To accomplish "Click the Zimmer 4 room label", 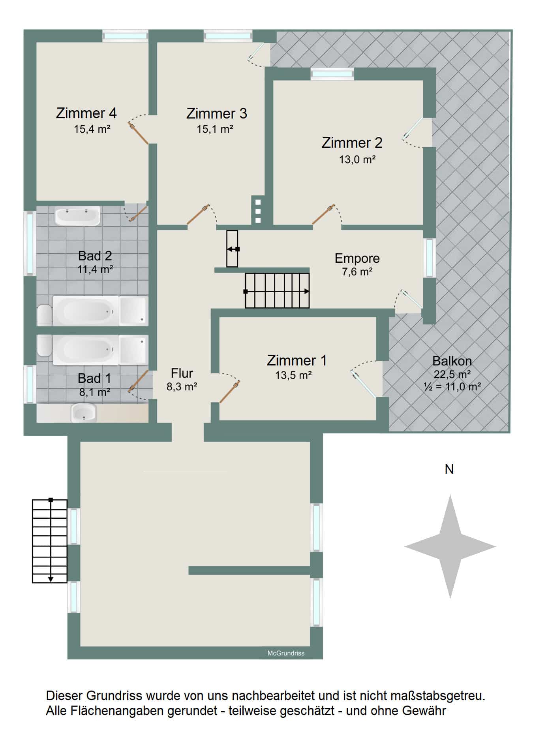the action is pos(86,113).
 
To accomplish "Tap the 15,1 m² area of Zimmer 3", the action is pos(215,129).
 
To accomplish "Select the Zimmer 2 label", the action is pos(352,143).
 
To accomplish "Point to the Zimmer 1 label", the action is pos(297,360).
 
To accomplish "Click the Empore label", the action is pos(357,258).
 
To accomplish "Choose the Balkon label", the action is pos(452,361).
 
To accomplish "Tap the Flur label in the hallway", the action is pos(182,373).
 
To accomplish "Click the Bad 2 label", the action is pos(95,256).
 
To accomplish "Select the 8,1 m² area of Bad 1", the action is pos(95,392).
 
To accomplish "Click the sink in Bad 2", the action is pos(77,217).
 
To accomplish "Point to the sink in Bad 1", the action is pos(84,412).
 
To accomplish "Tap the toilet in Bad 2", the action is pos(45,314).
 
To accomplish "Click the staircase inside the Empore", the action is pos(277,291).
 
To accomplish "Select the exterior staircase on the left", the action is pos(50,541).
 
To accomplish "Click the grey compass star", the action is pos(450,547).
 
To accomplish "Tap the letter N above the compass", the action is pos(449,469).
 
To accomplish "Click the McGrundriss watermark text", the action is pos(286,653).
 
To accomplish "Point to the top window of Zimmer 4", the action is pos(125,36).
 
